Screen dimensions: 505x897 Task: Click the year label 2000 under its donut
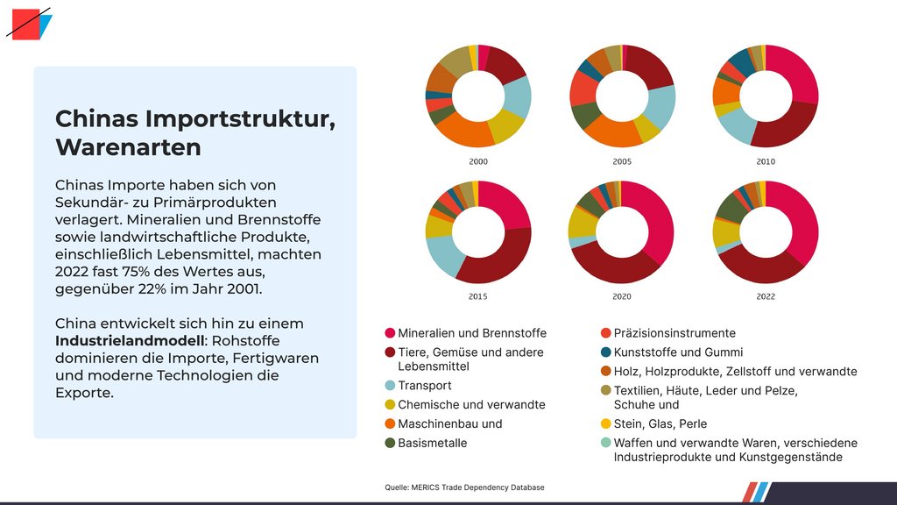[478, 162]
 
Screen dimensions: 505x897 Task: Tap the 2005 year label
[623, 162]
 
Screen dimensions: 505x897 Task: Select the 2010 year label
[766, 162]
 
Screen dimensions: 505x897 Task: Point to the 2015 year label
[478, 297]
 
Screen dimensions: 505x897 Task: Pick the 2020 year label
[623, 297]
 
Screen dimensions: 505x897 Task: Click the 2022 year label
[766, 297]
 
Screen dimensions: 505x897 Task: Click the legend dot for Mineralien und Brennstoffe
[390, 333]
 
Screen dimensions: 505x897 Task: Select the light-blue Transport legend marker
[390, 386]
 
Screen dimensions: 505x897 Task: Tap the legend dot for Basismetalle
[390, 443]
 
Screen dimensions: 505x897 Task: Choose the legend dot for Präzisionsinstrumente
[606, 333]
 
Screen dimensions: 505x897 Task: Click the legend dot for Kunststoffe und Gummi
[606, 352]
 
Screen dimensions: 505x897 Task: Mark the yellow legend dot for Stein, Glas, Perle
[606, 424]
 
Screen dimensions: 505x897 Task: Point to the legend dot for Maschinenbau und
[390, 424]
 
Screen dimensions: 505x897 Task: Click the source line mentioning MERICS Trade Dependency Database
[464, 487]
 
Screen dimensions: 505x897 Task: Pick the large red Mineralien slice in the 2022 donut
[798, 219]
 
